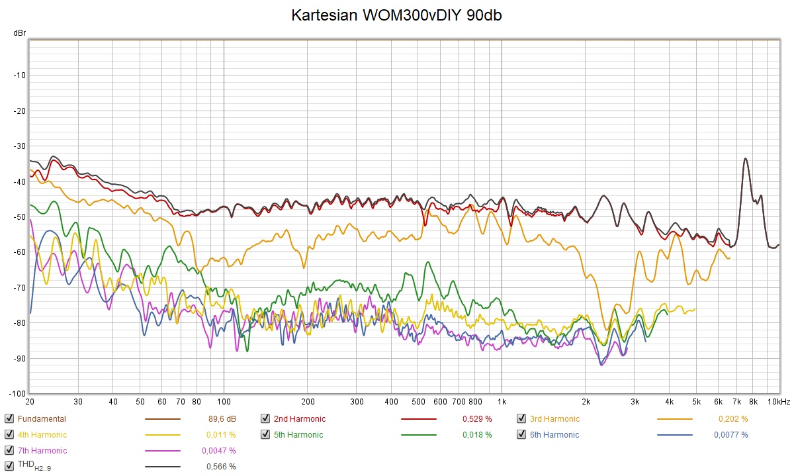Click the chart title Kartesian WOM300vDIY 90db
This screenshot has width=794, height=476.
396,16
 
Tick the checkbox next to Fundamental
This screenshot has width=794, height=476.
9,418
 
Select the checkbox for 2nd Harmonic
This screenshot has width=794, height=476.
265,418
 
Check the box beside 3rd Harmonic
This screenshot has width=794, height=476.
521,418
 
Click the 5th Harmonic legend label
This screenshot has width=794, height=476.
298,435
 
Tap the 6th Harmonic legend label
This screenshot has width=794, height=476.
554,435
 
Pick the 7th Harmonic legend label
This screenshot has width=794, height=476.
42,451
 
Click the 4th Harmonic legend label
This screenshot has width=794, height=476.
42,435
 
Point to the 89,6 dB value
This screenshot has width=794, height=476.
222,418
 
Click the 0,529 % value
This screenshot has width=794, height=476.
478,418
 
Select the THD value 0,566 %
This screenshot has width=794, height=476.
222,467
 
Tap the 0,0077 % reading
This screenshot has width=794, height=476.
731,435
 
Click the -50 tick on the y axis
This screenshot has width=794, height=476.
19,217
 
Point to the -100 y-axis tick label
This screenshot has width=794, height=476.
17,393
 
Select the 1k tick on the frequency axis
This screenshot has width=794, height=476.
502,402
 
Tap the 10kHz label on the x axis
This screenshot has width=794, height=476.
778,402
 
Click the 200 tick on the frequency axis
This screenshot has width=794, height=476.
307,402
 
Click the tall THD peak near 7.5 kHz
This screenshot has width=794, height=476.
746,159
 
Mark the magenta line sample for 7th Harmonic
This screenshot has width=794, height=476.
162,451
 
